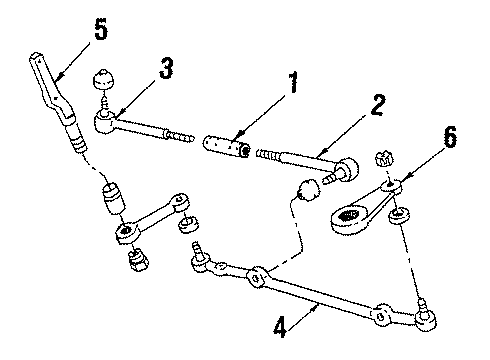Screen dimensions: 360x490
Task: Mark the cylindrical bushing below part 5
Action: coord(112,197)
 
